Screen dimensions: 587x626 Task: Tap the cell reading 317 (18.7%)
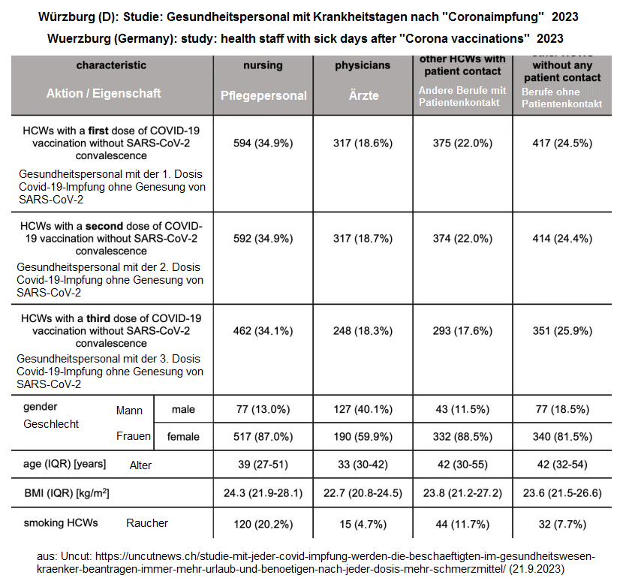point(363,239)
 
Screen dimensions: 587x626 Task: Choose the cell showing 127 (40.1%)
point(363,409)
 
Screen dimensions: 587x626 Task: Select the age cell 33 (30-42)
point(363,465)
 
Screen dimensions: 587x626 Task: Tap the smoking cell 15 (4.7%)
point(363,522)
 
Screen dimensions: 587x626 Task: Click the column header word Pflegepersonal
point(263,95)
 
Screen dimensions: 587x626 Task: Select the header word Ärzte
point(363,95)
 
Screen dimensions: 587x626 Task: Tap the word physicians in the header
point(363,65)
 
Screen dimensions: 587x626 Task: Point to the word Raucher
point(147,523)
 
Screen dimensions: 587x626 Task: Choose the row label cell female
point(183,436)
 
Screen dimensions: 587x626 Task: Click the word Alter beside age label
point(140,465)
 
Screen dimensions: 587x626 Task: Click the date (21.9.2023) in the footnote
point(538,570)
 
